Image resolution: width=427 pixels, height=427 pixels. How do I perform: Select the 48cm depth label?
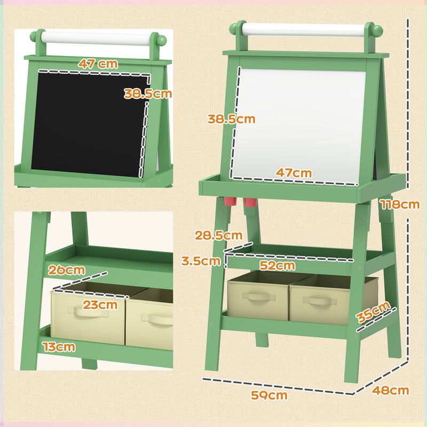[x=391, y=390]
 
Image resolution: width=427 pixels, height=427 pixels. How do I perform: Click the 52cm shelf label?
[x=278, y=265]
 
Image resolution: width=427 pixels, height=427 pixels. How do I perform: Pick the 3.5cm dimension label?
[x=201, y=261]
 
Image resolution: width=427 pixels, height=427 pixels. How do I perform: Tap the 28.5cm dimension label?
[x=219, y=235]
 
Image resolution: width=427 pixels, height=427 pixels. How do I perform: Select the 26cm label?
[x=67, y=270]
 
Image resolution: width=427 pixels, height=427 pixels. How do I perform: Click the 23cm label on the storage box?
[x=100, y=305]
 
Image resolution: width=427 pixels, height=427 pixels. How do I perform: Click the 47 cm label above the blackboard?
[x=98, y=63]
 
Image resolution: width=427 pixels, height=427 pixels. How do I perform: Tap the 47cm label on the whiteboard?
[x=294, y=173]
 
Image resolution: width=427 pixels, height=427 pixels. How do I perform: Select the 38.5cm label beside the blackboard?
[x=148, y=94]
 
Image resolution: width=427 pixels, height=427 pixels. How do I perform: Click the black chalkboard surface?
[x=85, y=123]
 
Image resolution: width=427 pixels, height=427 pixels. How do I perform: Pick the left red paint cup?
[x=230, y=201]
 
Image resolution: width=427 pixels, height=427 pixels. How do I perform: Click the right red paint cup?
[x=251, y=202]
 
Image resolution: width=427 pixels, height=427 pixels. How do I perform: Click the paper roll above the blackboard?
[x=98, y=38]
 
